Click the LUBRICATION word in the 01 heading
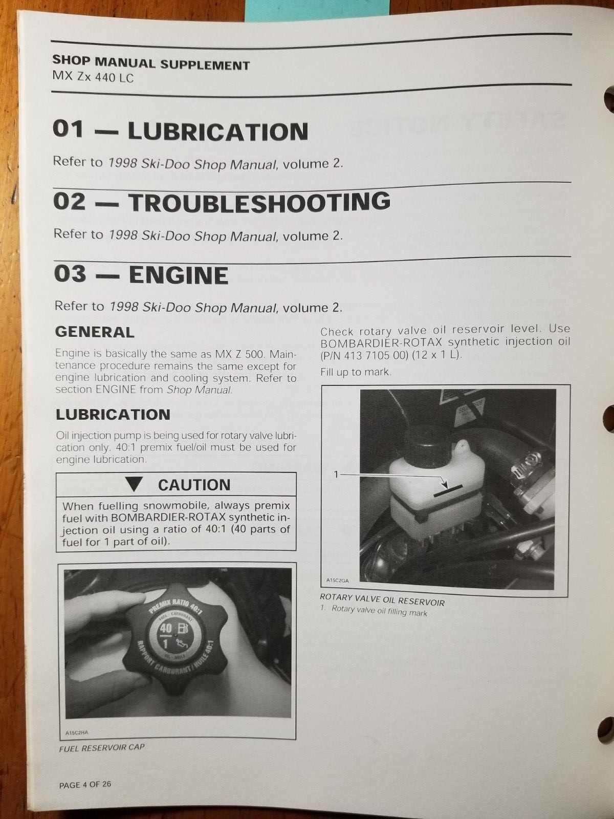tap(217, 131)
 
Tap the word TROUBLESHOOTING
tap(259, 202)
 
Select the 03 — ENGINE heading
tap(141, 274)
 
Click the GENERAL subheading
tap(95, 332)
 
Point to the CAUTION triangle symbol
tap(135, 484)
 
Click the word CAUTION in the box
tap(194, 484)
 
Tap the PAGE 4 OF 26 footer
tap(85, 784)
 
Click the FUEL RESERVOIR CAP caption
tap(102, 747)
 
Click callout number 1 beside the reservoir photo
tap(336, 475)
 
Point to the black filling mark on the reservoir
tap(448, 490)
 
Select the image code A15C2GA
tap(337, 580)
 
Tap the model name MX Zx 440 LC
tap(93, 78)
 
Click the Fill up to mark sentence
tap(356, 372)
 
